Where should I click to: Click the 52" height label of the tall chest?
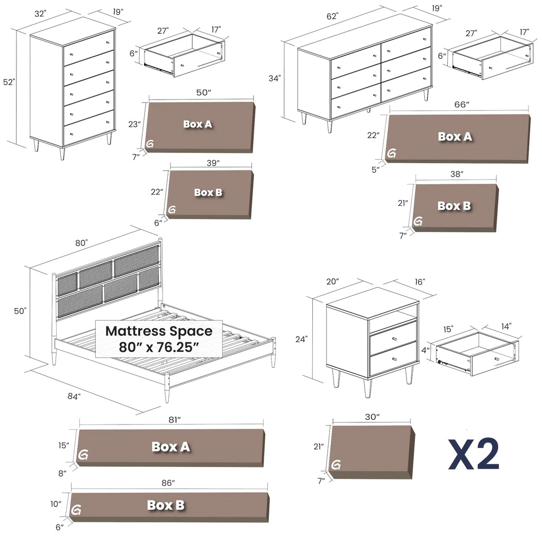[x=10, y=82]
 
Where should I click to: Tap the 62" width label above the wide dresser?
[x=332, y=16]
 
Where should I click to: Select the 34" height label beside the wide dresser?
[x=275, y=78]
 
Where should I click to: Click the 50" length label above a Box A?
[x=204, y=93]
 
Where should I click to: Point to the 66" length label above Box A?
[x=462, y=104]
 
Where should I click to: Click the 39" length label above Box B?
[x=213, y=163]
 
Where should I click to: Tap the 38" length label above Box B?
[x=457, y=174]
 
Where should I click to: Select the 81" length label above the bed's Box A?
[x=175, y=420]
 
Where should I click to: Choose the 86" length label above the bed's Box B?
[x=168, y=483]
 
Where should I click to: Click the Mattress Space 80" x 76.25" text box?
[x=159, y=339]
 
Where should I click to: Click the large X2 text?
[x=474, y=454]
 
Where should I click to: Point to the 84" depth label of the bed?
[x=74, y=396]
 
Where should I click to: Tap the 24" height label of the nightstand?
[x=301, y=339]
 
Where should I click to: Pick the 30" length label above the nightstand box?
[x=372, y=417]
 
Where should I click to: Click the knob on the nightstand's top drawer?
[x=395, y=339]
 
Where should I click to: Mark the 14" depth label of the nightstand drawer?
[x=506, y=326]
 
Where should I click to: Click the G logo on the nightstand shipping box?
[x=336, y=465]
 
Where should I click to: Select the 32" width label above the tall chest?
[x=40, y=14]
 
